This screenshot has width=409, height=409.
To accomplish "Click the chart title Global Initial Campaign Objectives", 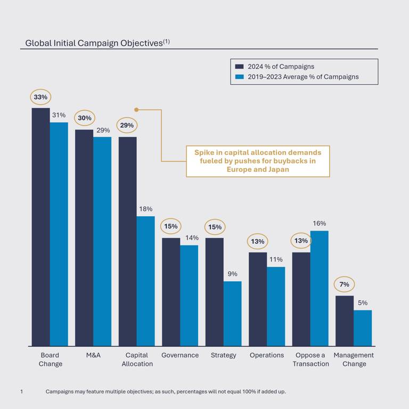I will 94,43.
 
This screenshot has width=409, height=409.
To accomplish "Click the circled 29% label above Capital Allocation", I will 127,125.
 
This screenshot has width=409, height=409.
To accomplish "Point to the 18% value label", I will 145,209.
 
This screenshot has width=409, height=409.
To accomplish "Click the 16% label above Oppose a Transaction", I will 319,224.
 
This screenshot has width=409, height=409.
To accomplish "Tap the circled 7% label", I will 344,284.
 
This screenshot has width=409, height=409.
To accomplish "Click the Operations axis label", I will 267,355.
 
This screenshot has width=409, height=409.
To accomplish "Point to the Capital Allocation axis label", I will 137,359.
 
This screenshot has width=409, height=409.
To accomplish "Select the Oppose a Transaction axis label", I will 310,359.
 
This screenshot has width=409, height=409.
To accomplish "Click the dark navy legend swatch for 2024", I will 240,67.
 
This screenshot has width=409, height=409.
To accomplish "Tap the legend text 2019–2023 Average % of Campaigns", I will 303,77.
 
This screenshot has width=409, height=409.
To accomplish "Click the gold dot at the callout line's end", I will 136,110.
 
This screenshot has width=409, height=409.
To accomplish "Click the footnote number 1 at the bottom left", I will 21,391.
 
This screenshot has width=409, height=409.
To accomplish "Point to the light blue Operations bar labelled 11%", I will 276,306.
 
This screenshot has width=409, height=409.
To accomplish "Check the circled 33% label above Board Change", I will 40,97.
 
